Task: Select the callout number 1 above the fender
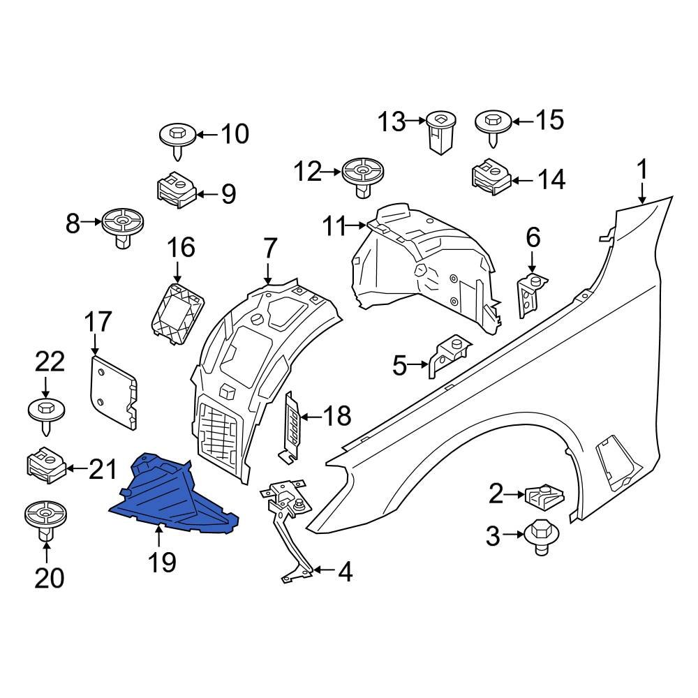tap(641, 170)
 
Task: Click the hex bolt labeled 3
tap(540, 536)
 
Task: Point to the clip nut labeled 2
tap(543, 496)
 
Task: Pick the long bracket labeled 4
tap(292, 530)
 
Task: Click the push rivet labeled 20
tap(45, 520)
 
